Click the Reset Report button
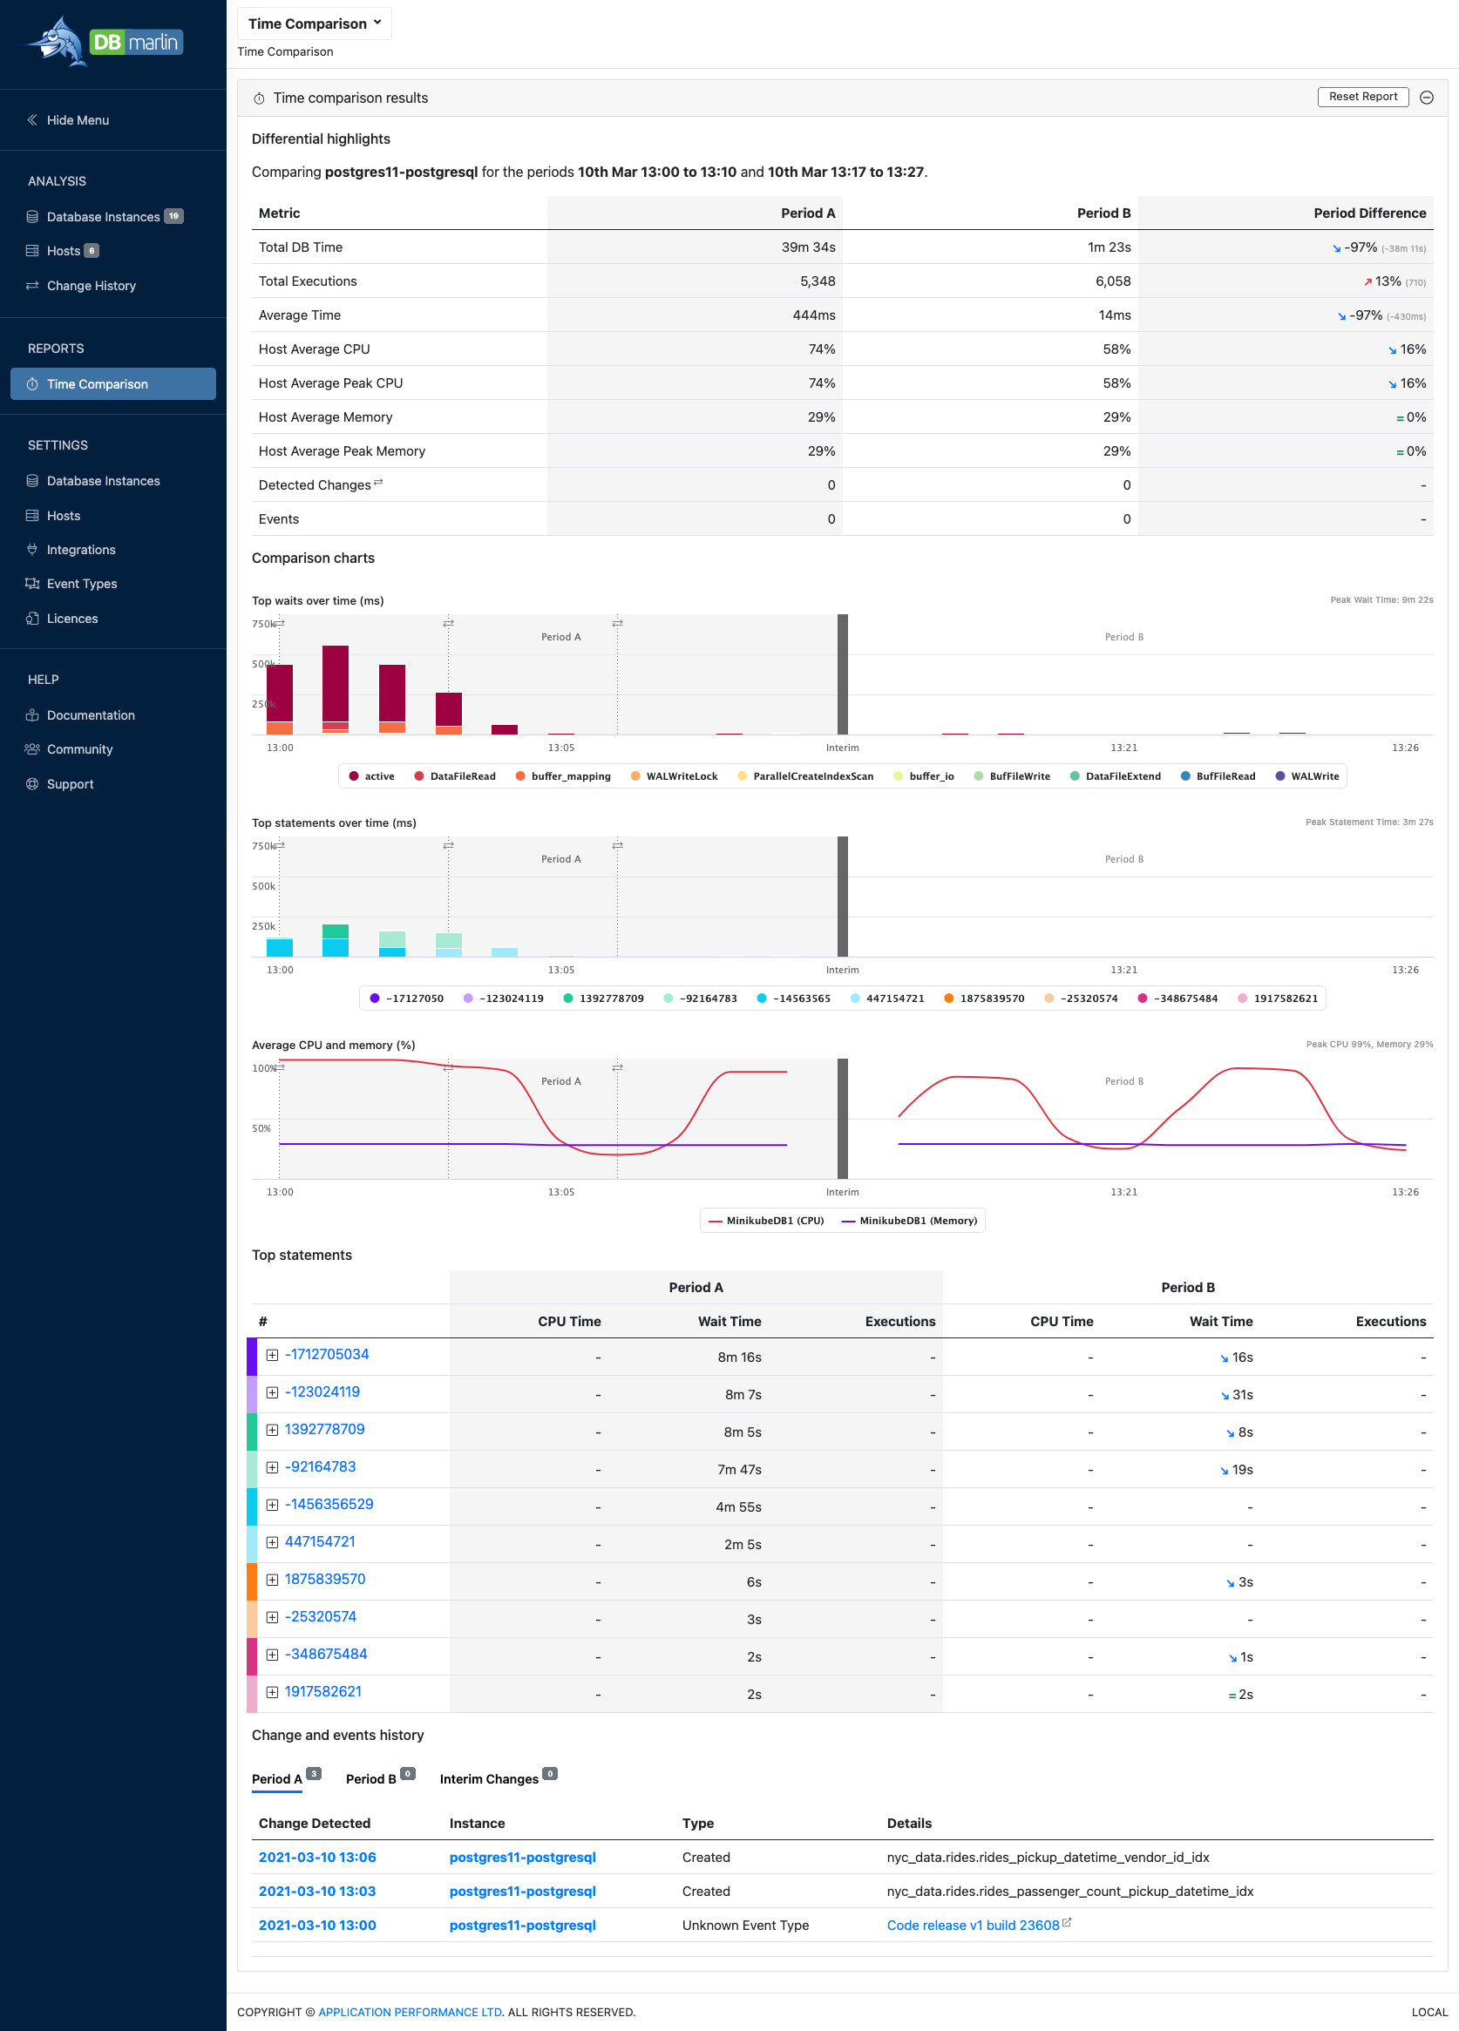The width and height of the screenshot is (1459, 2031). [x=1361, y=97]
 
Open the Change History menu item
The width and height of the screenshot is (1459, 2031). [x=91, y=286]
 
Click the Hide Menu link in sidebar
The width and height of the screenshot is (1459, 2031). [x=77, y=120]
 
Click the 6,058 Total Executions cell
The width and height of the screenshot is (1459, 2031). [x=1111, y=281]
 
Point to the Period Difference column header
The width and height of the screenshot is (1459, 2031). [x=1368, y=213]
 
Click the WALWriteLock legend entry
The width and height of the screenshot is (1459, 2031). [x=680, y=776]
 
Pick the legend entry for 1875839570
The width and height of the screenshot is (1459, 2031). [x=991, y=999]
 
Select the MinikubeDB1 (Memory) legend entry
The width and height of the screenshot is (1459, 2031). [x=916, y=1221]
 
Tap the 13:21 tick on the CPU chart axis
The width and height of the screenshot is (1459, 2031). [x=1123, y=1192]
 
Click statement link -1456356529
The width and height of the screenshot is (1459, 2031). [x=329, y=1505]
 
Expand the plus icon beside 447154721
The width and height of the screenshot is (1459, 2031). [x=272, y=1542]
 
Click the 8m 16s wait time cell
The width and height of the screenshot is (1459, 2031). [x=739, y=1357]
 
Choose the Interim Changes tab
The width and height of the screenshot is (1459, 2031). [x=489, y=1779]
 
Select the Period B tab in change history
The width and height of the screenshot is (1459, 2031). [x=370, y=1779]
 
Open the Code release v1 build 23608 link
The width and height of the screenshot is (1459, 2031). [x=973, y=1926]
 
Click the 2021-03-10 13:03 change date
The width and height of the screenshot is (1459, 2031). [x=317, y=1892]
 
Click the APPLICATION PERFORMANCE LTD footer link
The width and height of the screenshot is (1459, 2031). [x=411, y=2012]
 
